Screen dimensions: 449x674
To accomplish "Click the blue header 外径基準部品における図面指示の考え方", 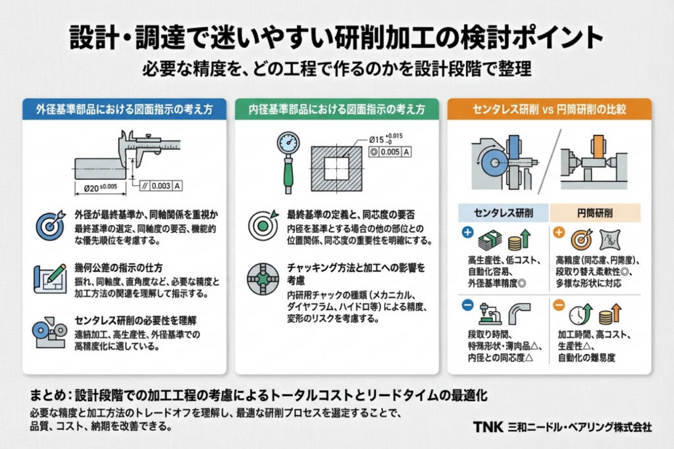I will tap(124, 109).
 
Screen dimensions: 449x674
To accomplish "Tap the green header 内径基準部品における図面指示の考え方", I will tap(336, 109).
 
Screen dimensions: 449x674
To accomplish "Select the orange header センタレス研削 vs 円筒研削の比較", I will tap(549, 109).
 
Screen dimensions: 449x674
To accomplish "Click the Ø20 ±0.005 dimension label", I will tap(100, 188).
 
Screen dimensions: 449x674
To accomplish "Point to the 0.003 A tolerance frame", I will tap(162, 186).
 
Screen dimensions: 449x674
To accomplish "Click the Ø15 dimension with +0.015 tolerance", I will tap(384, 139).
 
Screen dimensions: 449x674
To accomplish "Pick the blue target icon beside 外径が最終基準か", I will tap(51, 226).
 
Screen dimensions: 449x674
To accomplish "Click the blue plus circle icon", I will tap(467, 232).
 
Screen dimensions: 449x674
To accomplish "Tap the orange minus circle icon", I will tap(558, 305).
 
